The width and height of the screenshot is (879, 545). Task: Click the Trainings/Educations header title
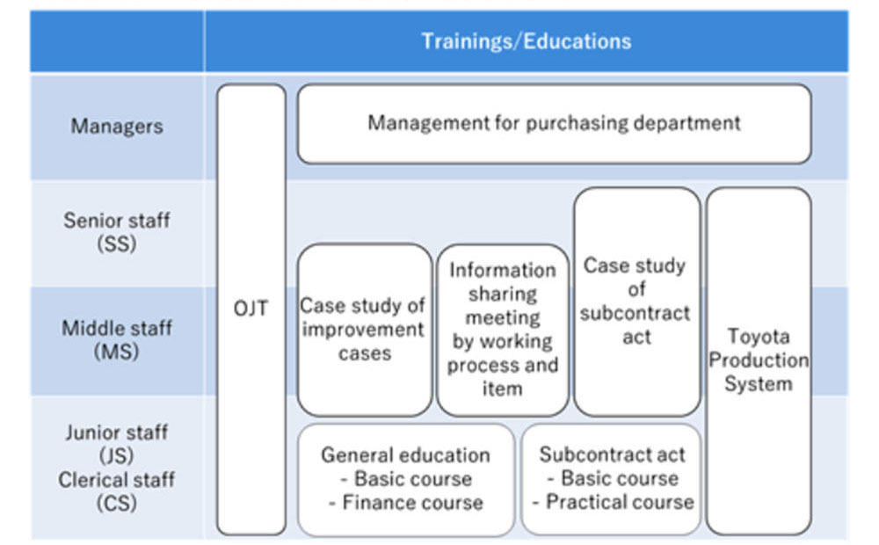click(x=527, y=41)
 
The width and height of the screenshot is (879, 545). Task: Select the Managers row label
click(x=117, y=127)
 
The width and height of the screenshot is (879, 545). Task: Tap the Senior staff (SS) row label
click(x=117, y=231)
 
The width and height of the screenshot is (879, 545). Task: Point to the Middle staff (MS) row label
click(x=117, y=340)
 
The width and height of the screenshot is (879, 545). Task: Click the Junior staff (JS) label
click(x=117, y=444)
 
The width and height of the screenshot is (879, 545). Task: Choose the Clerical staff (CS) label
click(x=117, y=491)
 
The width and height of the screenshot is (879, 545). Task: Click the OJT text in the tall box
click(x=251, y=309)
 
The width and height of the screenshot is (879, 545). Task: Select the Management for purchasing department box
click(x=555, y=124)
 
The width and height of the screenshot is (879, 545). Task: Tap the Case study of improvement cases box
click(x=365, y=330)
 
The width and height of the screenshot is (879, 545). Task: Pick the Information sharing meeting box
click(x=502, y=330)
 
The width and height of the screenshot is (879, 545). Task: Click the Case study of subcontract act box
click(x=636, y=302)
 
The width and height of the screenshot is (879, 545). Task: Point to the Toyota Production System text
click(x=759, y=360)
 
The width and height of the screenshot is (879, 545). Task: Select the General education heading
click(x=405, y=454)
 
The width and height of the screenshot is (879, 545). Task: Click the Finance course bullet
click(x=406, y=503)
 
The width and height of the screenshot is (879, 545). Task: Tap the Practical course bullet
click(x=613, y=502)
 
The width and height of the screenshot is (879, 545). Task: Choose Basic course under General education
click(x=406, y=479)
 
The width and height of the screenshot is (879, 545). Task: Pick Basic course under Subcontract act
click(x=613, y=478)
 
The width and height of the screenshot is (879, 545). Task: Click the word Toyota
click(x=759, y=337)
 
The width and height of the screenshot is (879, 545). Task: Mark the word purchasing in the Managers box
click(x=577, y=123)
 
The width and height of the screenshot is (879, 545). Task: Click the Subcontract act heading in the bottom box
click(x=612, y=454)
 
